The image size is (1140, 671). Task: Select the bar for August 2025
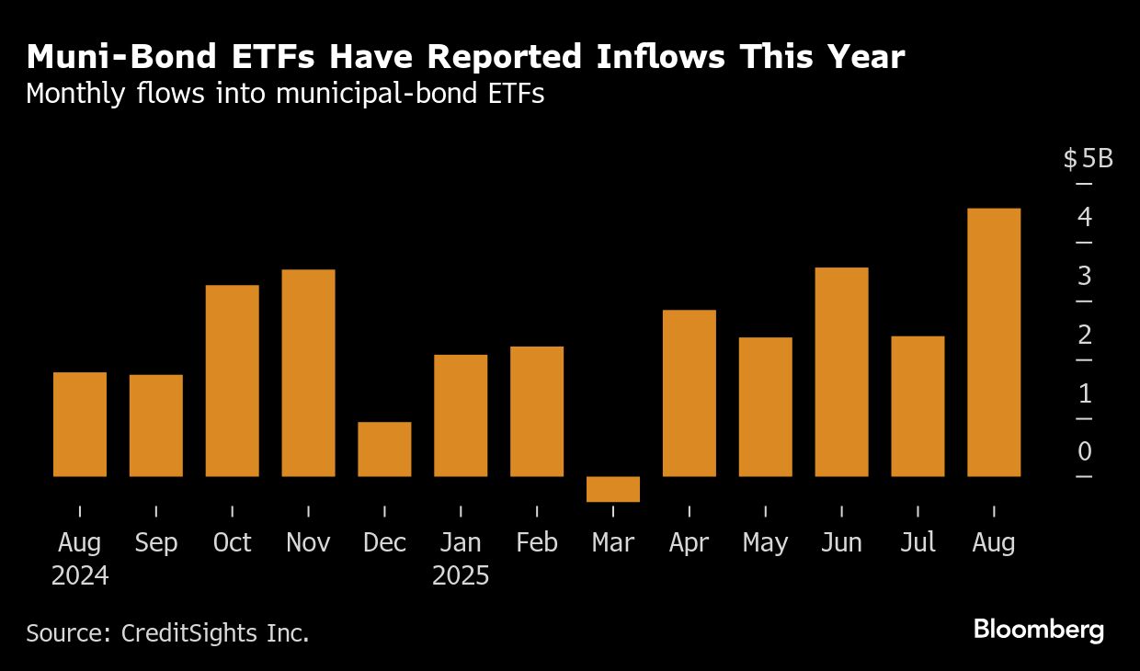coord(994,342)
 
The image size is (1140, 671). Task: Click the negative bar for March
coord(613,489)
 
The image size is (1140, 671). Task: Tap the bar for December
coord(384,449)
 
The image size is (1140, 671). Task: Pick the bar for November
coord(308,372)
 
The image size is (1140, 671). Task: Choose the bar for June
coord(841,371)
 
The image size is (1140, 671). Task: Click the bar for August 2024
coord(80,424)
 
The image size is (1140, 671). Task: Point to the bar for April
coord(689,392)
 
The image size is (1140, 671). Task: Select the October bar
coord(232,381)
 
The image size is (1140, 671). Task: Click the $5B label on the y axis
coord(1088,159)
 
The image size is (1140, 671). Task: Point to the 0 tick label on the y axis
coord(1085,451)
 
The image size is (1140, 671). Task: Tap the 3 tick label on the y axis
coord(1085,276)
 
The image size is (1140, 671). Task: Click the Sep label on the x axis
coord(155,542)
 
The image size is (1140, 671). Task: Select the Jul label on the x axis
coord(918,542)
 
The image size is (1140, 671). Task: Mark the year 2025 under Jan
coord(461,576)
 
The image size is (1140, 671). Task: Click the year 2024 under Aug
coord(80,576)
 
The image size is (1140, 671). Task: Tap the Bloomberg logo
coord(1038,630)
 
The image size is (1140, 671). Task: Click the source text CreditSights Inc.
coord(167,632)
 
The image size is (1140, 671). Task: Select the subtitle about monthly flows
coord(285,94)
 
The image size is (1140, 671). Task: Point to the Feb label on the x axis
coord(537,542)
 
